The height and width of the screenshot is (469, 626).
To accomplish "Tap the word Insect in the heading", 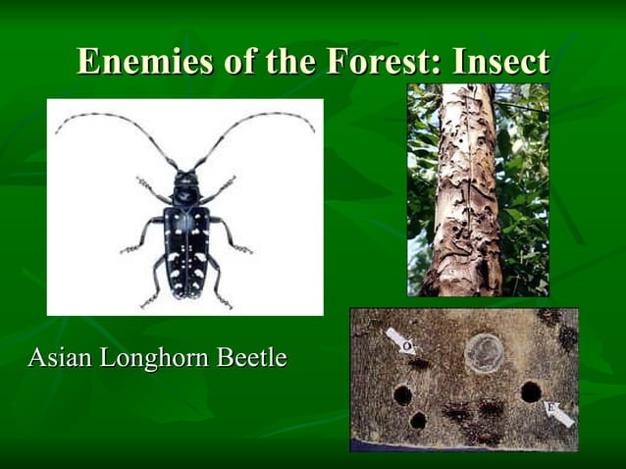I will [500, 62].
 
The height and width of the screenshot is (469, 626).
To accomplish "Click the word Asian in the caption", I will [59, 357].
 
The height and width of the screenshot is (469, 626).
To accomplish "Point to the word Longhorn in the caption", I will [153, 357].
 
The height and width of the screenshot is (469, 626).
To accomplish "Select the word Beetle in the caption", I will [251, 357].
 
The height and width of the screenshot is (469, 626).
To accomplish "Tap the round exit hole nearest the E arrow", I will [531, 391].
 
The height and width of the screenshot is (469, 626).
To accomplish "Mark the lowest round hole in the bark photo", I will [418, 421].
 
